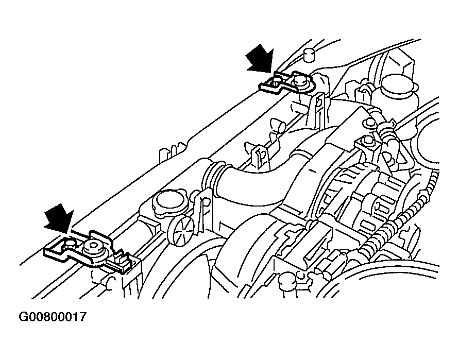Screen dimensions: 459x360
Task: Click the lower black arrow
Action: click(x=59, y=217)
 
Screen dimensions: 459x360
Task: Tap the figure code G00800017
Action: click(x=53, y=317)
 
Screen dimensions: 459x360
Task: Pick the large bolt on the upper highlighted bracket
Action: click(x=299, y=80)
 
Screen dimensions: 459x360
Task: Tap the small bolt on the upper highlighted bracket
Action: click(x=276, y=80)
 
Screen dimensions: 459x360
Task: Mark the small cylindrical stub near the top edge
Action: click(x=308, y=55)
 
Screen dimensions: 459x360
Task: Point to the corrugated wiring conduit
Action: click(x=401, y=222)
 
